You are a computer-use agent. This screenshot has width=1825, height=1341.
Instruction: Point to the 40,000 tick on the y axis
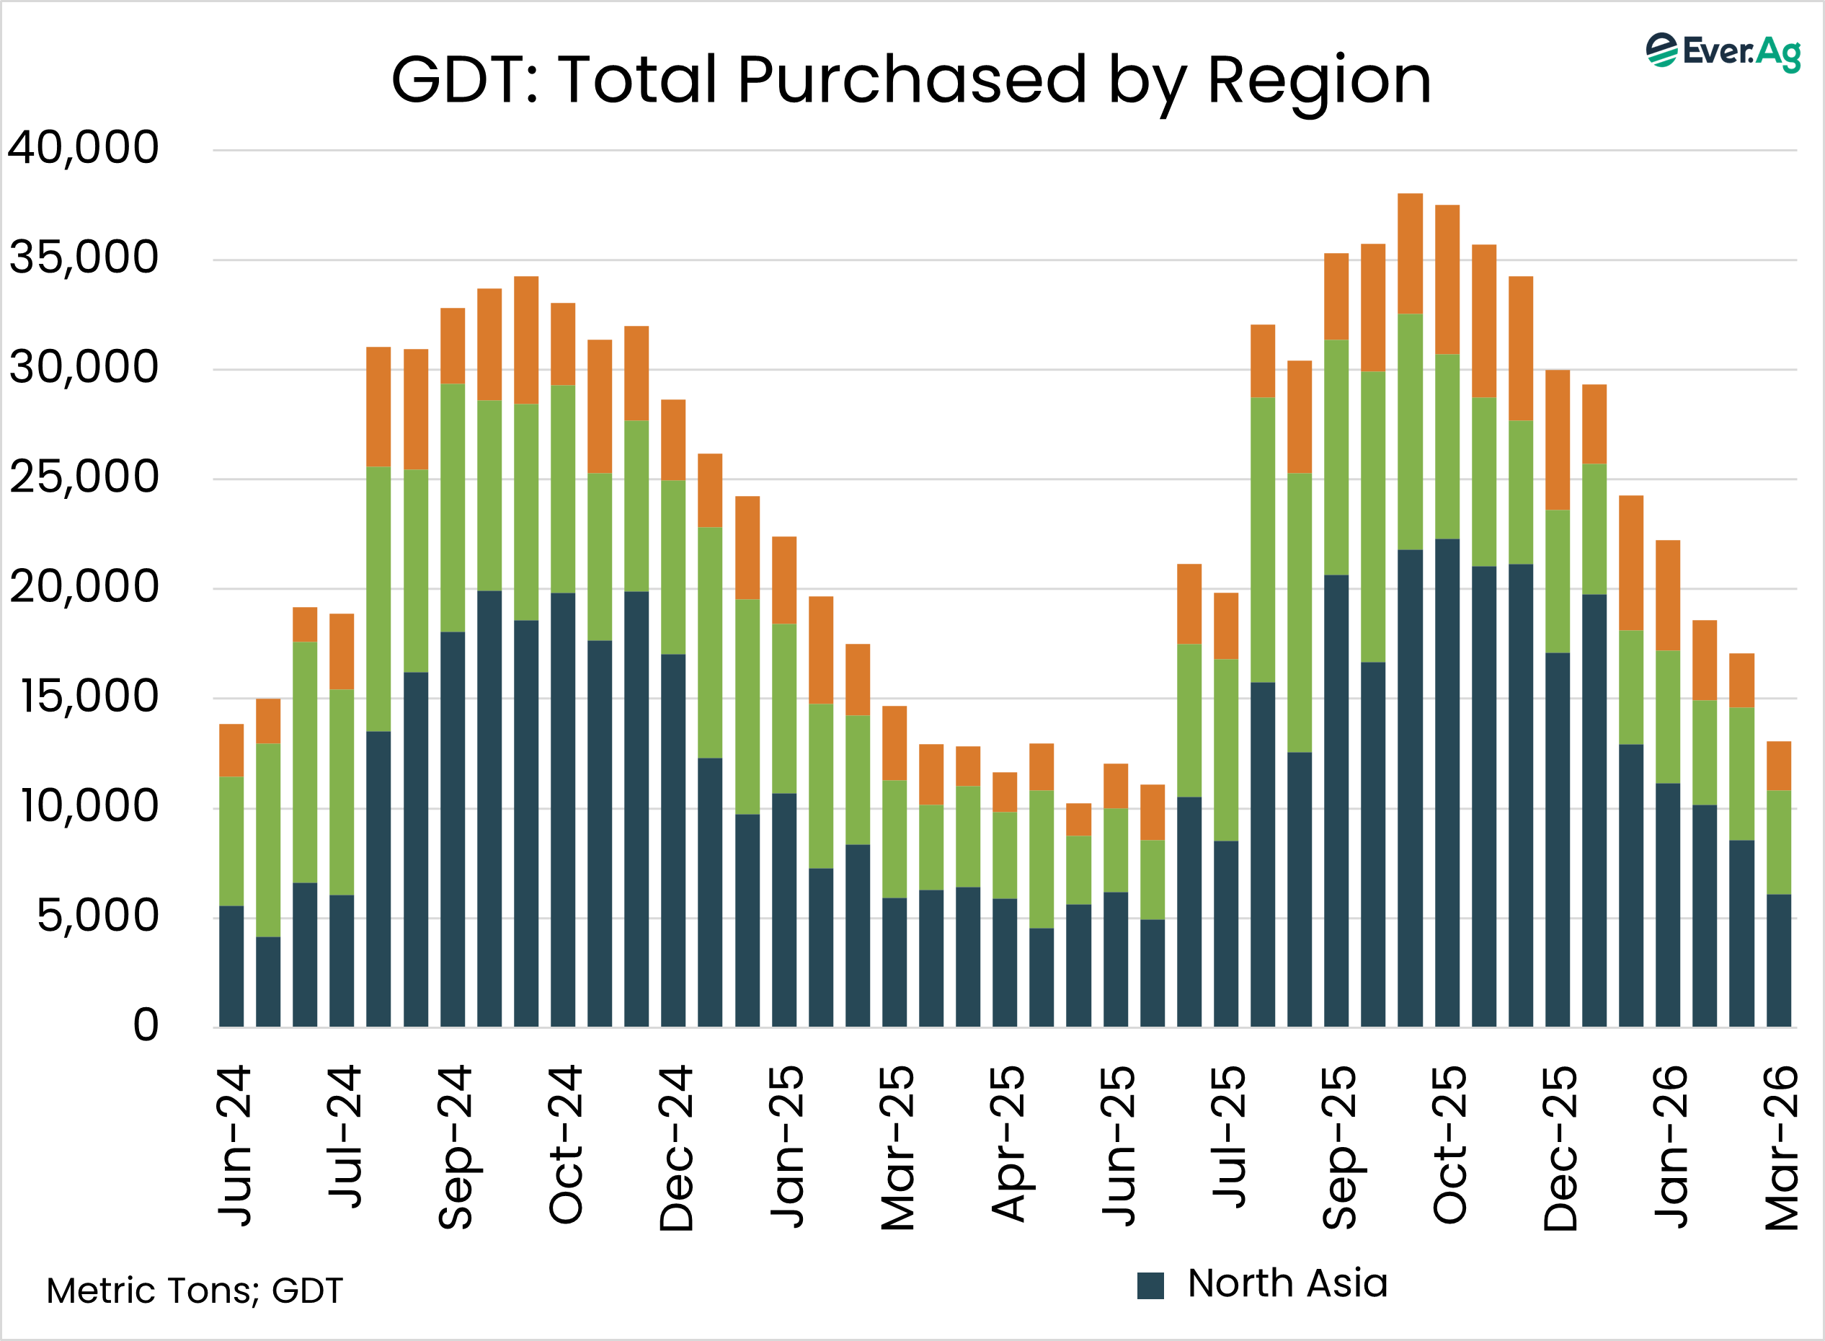(83, 148)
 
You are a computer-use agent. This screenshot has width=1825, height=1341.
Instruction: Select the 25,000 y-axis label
(83, 477)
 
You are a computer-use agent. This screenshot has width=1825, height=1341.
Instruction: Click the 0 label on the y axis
(146, 1025)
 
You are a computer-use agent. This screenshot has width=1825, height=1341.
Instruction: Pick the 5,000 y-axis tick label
(97, 916)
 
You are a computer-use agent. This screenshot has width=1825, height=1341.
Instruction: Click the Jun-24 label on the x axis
(234, 1146)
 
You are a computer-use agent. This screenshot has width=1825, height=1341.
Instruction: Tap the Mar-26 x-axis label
(1782, 1148)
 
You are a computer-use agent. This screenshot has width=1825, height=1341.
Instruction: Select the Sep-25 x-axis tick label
(1340, 1148)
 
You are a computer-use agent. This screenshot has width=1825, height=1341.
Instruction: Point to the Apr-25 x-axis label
(1008, 1145)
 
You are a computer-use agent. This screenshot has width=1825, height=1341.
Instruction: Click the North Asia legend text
(1287, 1283)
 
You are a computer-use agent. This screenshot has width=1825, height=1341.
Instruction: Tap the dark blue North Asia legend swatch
(1150, 1285)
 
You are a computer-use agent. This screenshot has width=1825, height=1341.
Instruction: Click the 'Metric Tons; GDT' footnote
(195, 1291)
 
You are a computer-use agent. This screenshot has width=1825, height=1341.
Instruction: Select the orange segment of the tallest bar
(1410, 253)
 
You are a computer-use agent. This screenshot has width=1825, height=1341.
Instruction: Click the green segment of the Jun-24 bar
(231, 841)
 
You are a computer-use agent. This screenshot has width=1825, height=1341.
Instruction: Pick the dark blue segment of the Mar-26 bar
(1779, 960)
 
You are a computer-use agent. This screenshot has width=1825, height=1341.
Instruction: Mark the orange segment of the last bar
(1779, 766)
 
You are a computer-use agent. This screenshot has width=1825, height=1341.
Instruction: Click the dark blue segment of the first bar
(231, 966)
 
